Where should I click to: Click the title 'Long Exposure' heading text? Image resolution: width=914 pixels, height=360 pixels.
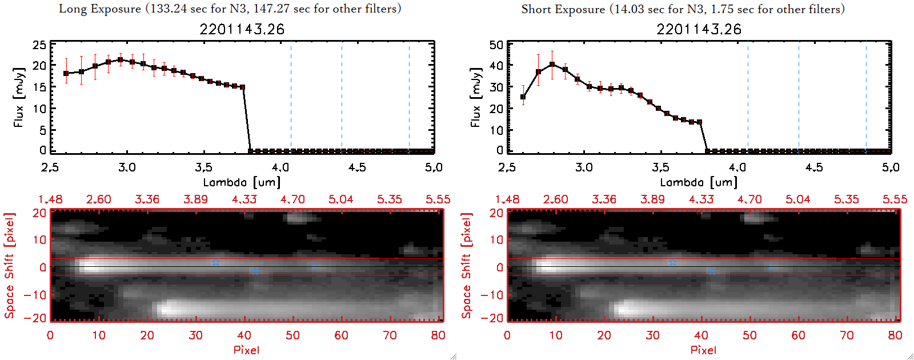[100, 9]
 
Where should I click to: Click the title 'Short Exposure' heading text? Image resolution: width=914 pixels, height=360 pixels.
[563, 9]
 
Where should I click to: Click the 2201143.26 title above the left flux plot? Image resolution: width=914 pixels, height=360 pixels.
[242, 29]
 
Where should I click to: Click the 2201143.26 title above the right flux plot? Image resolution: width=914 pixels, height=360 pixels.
[699, 29]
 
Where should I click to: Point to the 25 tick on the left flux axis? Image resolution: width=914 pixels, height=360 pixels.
[39, 45]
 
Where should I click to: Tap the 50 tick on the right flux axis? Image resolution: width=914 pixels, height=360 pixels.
[496, 45]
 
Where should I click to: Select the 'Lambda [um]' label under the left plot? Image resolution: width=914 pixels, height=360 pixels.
[242, 182]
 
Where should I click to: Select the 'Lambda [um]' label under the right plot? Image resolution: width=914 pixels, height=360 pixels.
[699, 182]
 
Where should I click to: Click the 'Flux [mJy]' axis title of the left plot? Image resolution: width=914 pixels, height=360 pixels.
[19, 98]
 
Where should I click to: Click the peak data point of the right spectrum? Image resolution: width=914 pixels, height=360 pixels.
[552, 65]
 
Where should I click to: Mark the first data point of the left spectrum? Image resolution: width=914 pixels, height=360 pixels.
[66, 74]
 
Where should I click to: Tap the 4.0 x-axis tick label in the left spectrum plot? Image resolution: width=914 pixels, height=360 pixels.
[280, 167]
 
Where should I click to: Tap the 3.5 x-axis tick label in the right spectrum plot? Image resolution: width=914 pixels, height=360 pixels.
[660, 167]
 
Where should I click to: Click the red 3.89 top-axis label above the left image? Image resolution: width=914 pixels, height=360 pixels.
[195, 199]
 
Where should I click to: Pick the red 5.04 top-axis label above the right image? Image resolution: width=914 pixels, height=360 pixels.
[797, 199]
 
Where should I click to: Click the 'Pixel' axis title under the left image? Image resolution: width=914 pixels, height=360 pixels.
[246, 350]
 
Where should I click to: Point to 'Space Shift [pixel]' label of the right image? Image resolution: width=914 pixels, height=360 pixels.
[467, 266]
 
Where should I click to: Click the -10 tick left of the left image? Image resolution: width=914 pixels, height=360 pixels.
[35, 295]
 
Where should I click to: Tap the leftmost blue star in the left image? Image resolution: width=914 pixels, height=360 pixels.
[215, 262]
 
